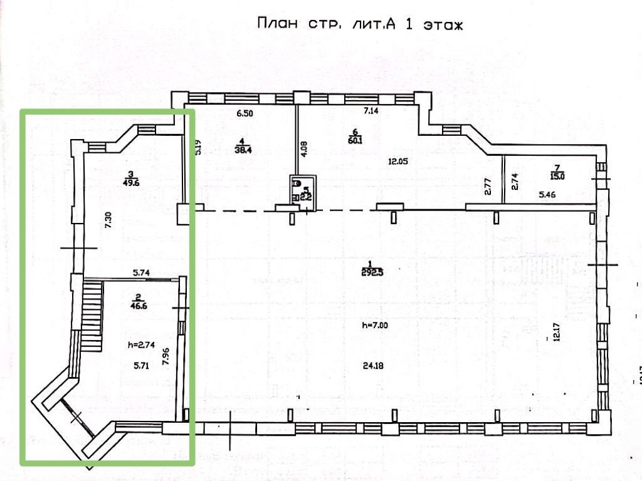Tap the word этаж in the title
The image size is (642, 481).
pyautogui.click(x=443, y=26)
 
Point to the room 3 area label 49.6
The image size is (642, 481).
pyautogui.click(x=131, y=184)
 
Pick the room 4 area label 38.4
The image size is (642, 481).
pyautogui.click(x=241, y=150)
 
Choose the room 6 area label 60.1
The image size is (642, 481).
pyautogui.click(x=355, y=140)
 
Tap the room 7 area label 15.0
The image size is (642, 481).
pyautogui.click(x=558, y=176)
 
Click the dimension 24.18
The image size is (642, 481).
pyautogui.click(x=372, y=366)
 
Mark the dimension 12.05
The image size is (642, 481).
pyautogui.click(x=398, y=161)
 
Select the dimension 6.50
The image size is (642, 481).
pyautogui.click(x=244, y=113)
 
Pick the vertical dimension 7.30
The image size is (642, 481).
pyautogui.click(x=108, y=219)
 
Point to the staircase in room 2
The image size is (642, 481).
pyautogui.click(x=92, y=316)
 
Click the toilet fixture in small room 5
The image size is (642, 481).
pyautogui.click(x=297, y=184)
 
